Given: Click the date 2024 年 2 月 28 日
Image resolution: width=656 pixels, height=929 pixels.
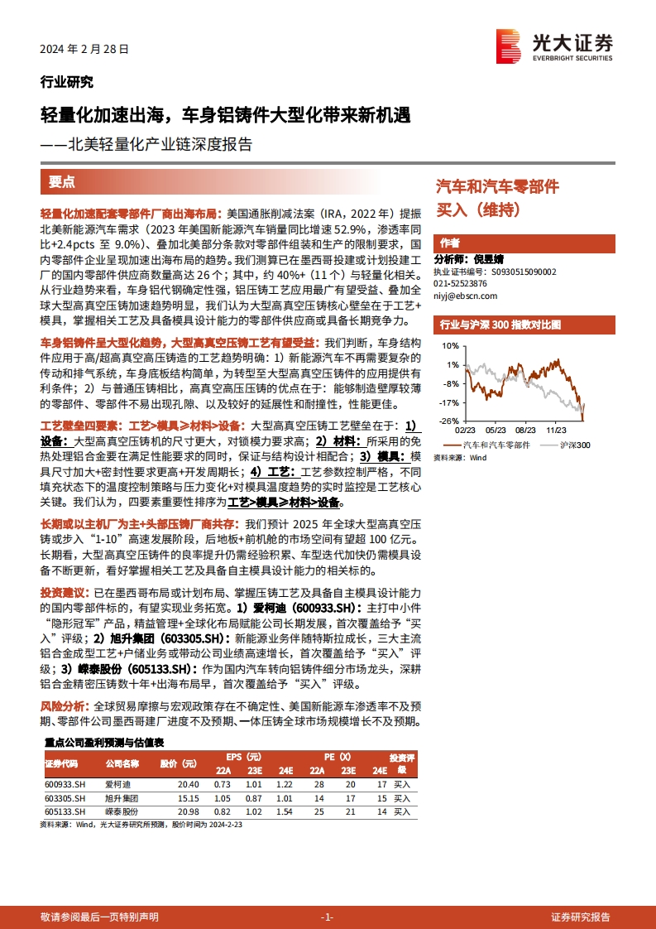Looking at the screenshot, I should coord(84,50).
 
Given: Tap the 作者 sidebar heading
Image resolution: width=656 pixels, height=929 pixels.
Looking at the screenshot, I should coord(450,243).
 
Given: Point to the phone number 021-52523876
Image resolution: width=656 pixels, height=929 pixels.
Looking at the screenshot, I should coord(461,283).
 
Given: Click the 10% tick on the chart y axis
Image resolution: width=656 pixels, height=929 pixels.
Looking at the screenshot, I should coord(449,345).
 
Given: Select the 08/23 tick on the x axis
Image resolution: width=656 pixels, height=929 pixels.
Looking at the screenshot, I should coord(524,431).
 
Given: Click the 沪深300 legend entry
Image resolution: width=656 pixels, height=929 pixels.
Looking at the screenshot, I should coord(568,445).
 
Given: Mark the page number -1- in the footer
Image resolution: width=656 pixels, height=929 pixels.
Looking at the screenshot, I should coord(327,917).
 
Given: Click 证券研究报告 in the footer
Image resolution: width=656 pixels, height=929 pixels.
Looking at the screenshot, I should coord(581,917).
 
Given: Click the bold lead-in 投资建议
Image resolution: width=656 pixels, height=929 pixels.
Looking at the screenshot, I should coord(61,593).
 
